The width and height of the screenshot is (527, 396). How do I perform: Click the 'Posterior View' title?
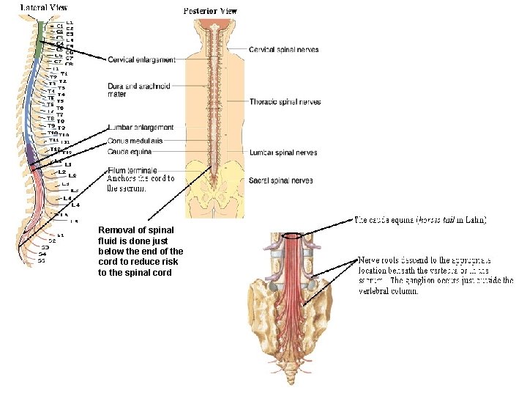click(x=210, y=11)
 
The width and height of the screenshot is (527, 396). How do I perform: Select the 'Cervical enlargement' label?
click(x=141, y=59)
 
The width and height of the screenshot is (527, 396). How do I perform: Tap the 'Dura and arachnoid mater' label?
click(x=138, y=89)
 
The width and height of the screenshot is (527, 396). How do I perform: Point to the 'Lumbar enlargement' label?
click(x=141, y=128)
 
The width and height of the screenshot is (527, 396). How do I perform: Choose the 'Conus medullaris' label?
click(x=135, y=140)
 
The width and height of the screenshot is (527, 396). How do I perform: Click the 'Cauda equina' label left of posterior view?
click(x=130, y=151)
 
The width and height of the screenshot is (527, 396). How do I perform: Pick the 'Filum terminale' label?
click(x=132, y=170)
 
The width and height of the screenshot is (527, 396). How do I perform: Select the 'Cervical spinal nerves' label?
click(x=283, y=50)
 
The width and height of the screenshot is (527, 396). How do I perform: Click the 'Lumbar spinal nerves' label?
click(x=283, y=153)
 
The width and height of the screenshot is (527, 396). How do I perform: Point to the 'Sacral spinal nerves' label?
click(x=282, y=180)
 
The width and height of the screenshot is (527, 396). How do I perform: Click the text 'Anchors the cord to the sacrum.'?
click(x=141, y=183)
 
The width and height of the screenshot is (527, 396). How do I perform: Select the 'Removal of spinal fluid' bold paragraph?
click(x=141, y=251)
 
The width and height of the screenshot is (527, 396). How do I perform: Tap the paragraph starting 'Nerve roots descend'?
click(x=435, y=275)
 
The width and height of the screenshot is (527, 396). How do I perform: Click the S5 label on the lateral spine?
click(x=42, y=260)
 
